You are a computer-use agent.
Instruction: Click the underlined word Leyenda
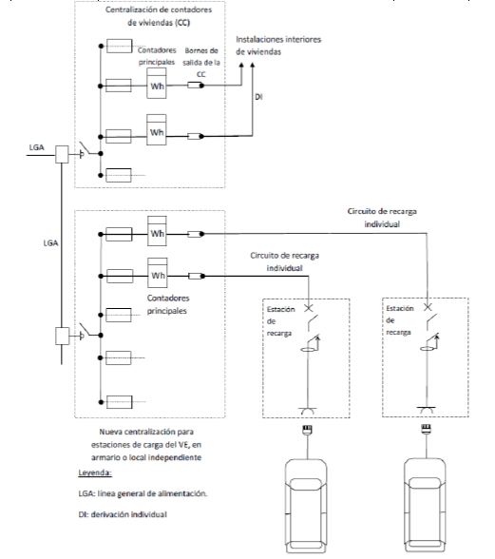[95, 473]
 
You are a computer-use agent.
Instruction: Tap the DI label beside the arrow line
[258, 97]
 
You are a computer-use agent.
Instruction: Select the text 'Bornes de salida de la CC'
[201, 63]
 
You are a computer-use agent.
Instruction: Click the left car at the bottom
[306, 506]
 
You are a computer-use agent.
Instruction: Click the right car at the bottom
[425, 506]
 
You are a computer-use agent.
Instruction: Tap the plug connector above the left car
[307, 430]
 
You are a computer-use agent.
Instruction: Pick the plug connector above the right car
[427, 429]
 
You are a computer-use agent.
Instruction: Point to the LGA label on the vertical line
[50, 243]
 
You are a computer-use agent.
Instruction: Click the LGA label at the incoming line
[37, 147]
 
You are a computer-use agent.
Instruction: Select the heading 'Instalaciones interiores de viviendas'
[278, 46]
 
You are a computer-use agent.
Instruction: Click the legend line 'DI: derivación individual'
[123, 514]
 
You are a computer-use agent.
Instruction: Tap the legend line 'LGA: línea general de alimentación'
[143, 493]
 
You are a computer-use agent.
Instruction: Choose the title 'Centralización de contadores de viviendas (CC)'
[159, 16]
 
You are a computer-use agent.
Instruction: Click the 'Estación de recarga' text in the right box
[400, 320]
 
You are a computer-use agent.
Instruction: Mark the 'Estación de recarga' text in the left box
[281, 321]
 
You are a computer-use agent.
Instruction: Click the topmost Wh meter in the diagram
[157, 83]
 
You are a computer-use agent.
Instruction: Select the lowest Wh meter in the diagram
[158, 273]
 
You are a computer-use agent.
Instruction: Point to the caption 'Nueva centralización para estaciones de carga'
[146, 445]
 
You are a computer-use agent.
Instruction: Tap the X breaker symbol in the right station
[428, 307]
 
